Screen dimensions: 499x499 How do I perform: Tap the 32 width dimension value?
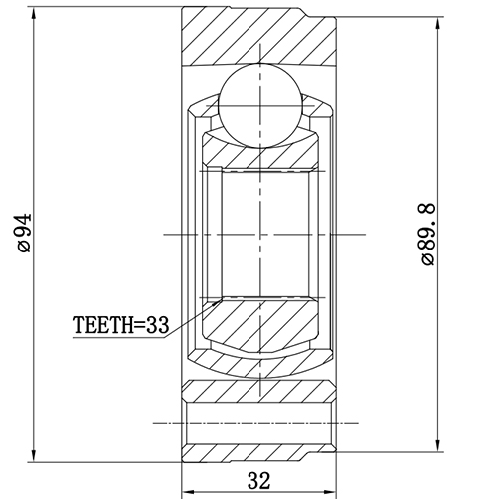[x=258, y=481]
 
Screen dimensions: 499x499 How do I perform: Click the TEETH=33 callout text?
[x=121, y=324]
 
